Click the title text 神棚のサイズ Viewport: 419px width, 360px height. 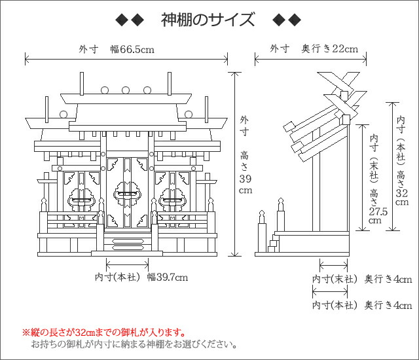pyautogui.click(x=208, y=20)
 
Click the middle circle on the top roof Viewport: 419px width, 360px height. pyautogui.click(x=126, y=89)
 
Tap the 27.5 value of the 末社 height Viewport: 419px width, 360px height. pyautogui.click(x=374, y=211)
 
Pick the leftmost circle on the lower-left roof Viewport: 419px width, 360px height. pyautogui.click(x=64, y=115)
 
